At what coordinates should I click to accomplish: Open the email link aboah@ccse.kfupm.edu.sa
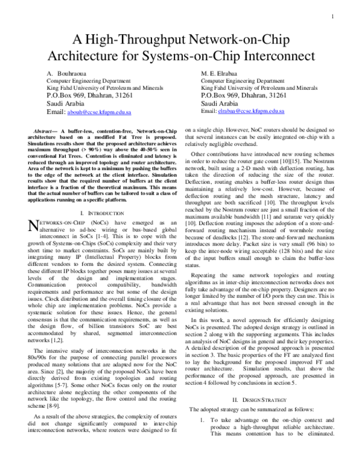click(x=101, y=112)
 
